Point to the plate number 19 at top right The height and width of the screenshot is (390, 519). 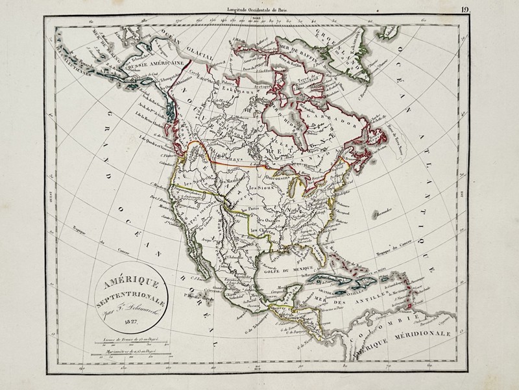tap(465, 9)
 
